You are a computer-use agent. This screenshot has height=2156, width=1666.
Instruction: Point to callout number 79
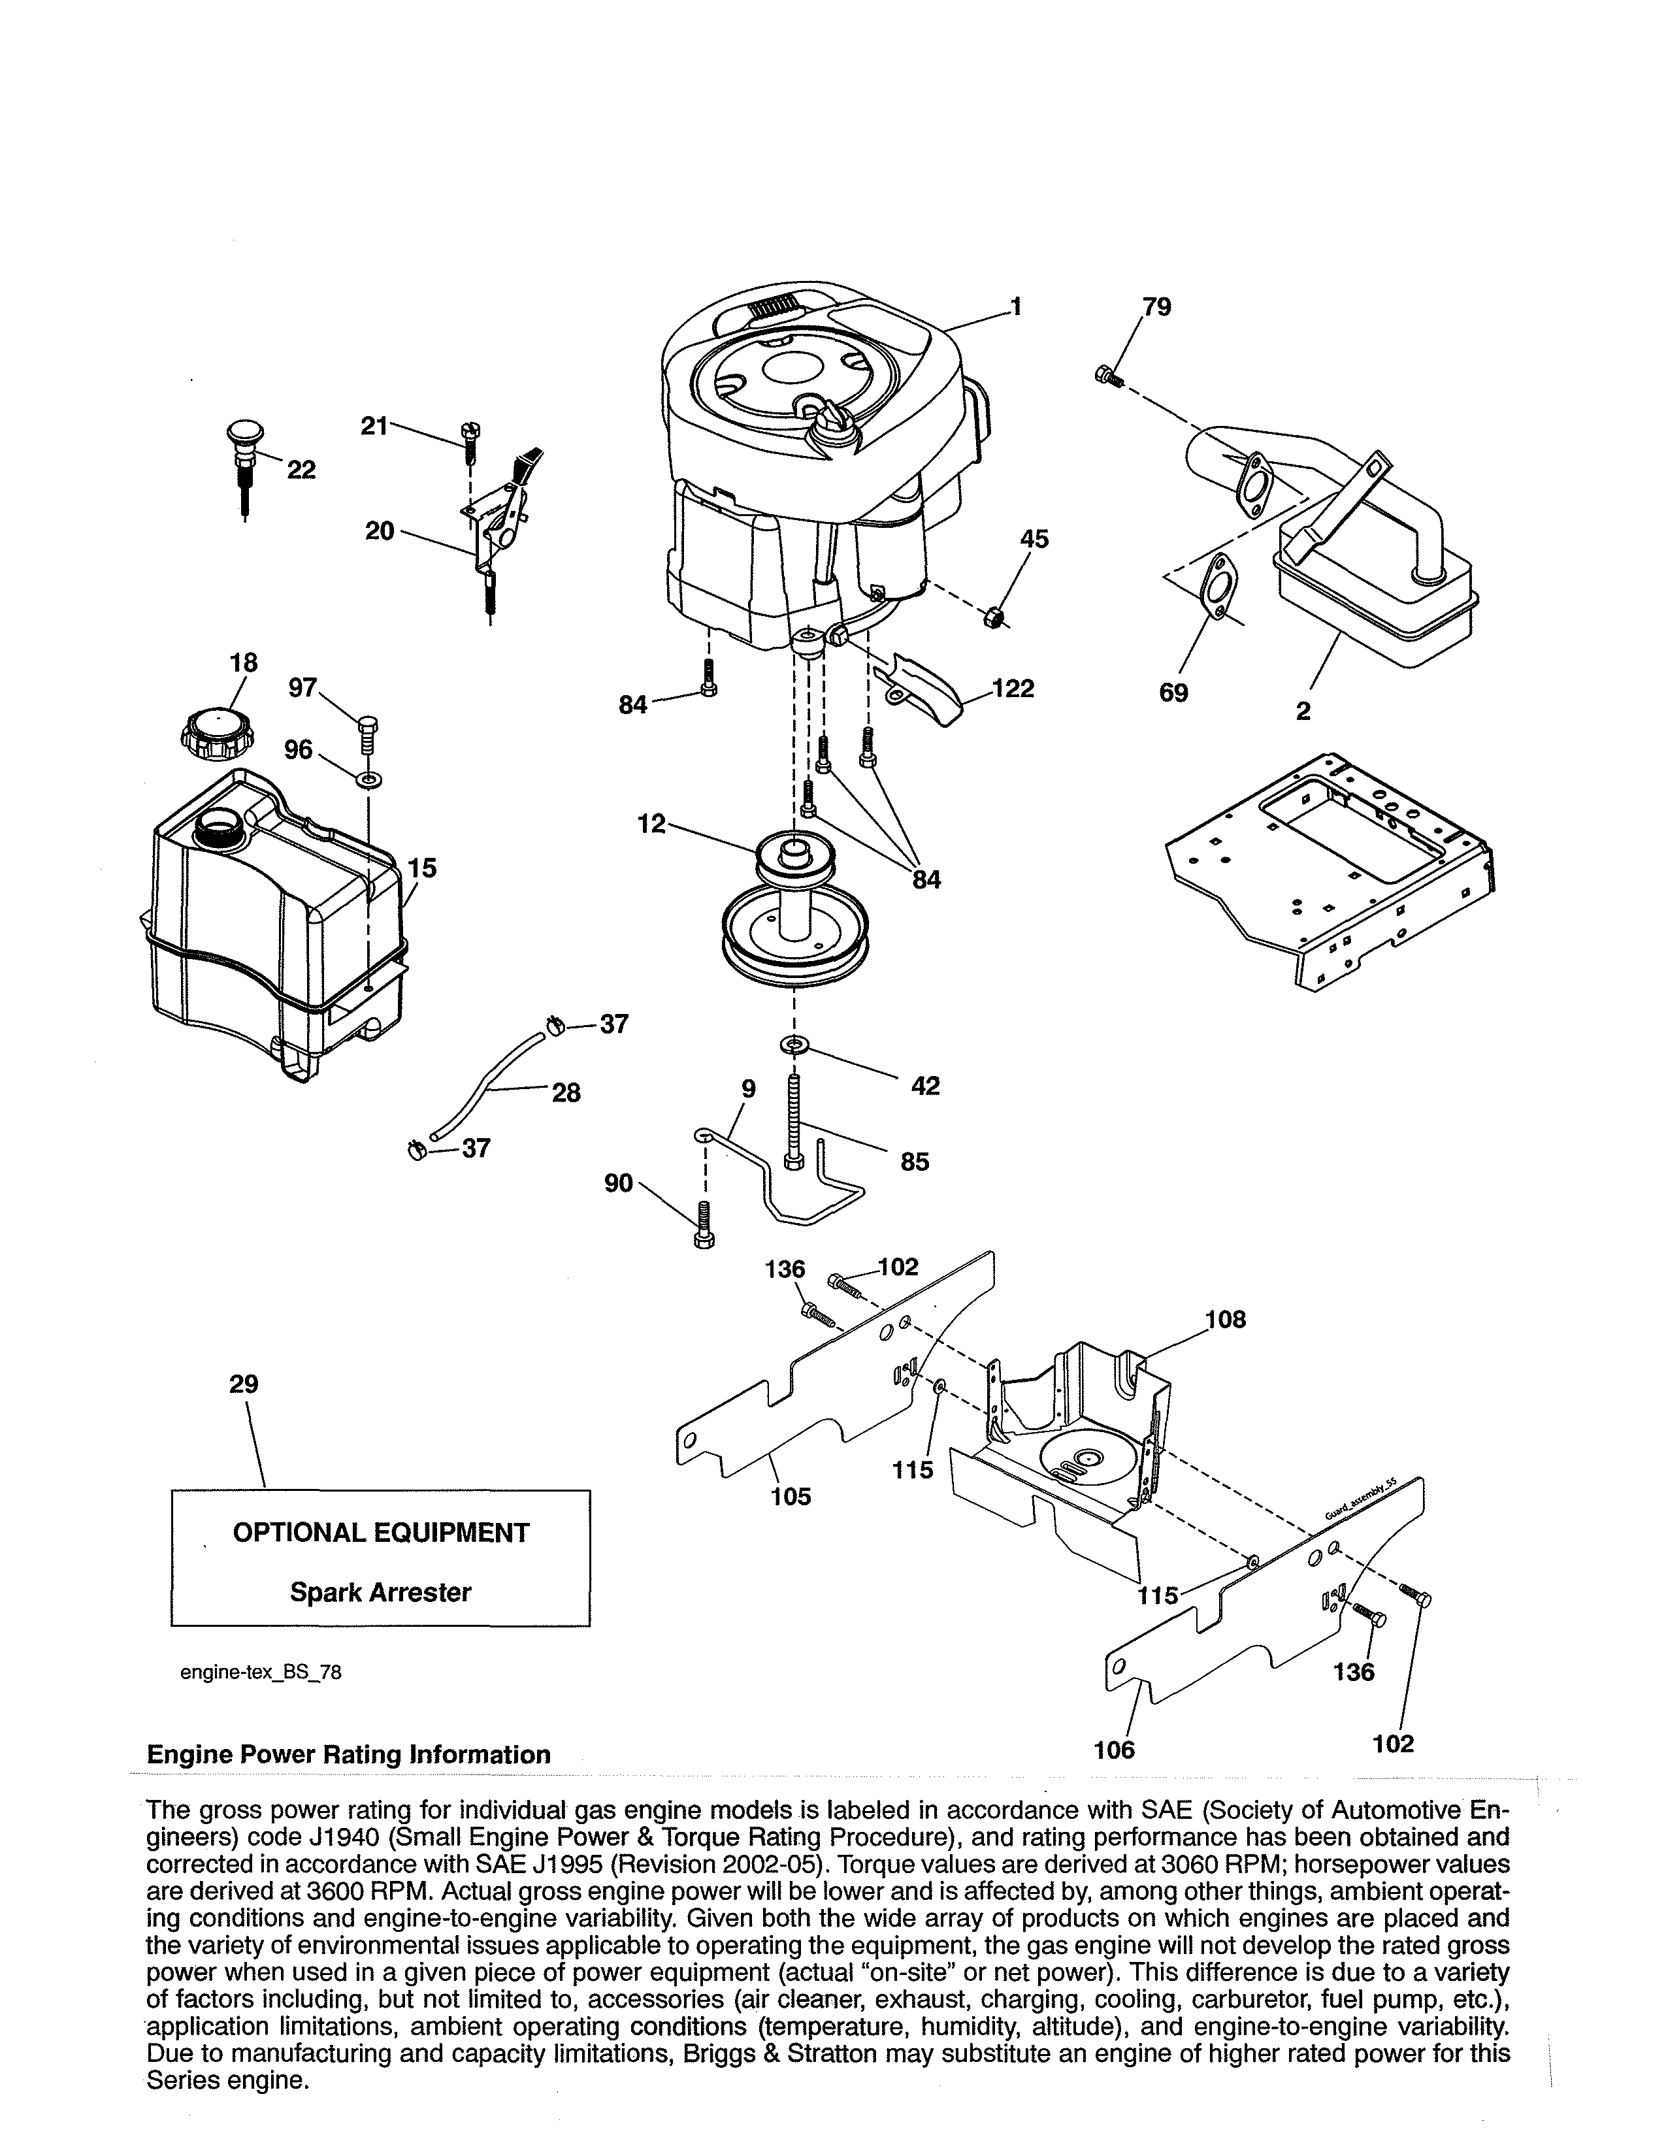click(1156, 307)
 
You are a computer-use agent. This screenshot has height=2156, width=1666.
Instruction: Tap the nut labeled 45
click(996, 618)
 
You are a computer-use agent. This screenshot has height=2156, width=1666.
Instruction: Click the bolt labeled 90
click(704, 1225)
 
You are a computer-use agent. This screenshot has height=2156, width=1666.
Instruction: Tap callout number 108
click(1225, 1320)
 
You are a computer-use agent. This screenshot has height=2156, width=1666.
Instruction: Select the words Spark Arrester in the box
click(380, 1592)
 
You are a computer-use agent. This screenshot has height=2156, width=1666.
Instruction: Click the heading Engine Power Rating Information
click(348, 1754)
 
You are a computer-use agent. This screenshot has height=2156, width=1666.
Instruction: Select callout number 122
click(1013, 689)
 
